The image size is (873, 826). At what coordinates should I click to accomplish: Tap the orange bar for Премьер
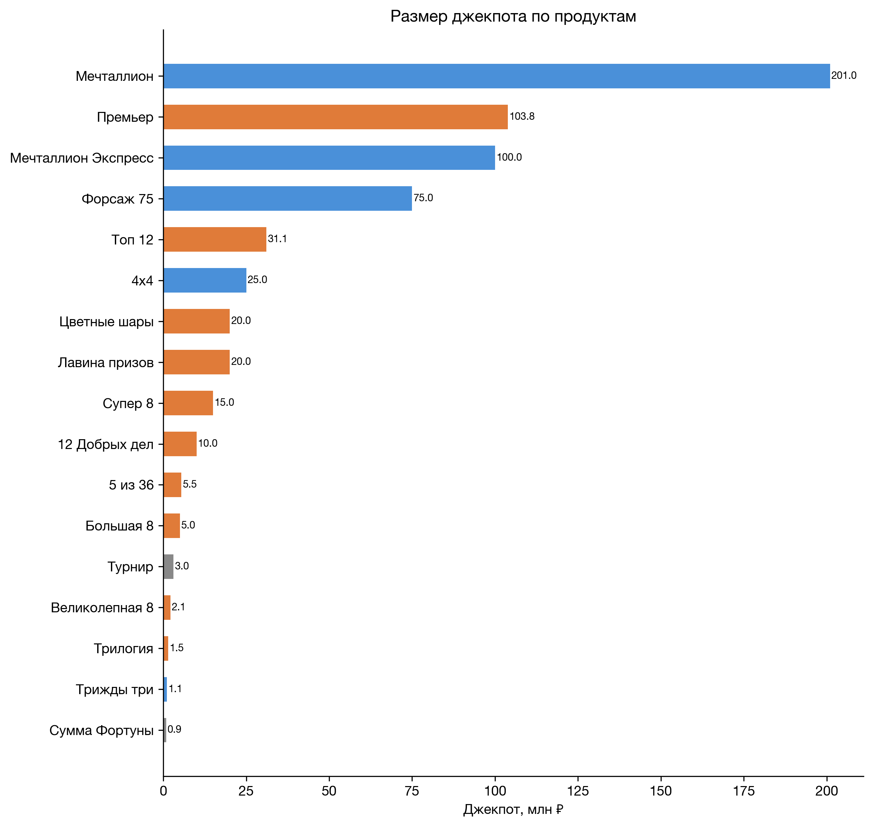pyautogui.click(x=335, y=117)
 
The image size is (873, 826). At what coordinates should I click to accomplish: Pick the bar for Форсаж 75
pyautogui.click(x=288, y=199)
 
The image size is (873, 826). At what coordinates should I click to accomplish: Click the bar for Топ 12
pyautogui.click(x=215, y=240)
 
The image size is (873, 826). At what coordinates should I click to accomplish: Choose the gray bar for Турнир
pyautogui.click(x=168, y=567)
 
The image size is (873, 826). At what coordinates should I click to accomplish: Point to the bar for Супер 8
pyautogui.click(x=188, y=403)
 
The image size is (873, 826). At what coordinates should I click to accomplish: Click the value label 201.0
pyautogui.click(x=844, y=76)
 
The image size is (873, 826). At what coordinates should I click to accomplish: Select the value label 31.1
pyautogui.click(x=277, y=239)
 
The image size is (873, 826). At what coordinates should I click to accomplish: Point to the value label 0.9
pyautogui.click(x=174, y=729)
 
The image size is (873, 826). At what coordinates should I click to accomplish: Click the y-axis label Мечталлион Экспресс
pyautogui.click(x=82, y=158)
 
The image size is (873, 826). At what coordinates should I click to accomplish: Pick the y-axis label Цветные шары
pyautogui.click(x=107, y=322)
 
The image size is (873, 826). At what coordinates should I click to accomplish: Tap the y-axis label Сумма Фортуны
pyautogui.click(x=101, y=730)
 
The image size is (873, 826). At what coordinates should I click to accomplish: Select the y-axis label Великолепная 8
pyautogui.click(x=102, y=608)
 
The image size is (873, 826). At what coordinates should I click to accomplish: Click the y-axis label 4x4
pyautogui.click(x=142, y=281)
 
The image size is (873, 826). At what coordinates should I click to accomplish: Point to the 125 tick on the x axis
pyautogui.click(x=578, y=791)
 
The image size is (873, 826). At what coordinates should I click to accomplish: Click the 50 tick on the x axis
pyautogui.click(x=329, y=791)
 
